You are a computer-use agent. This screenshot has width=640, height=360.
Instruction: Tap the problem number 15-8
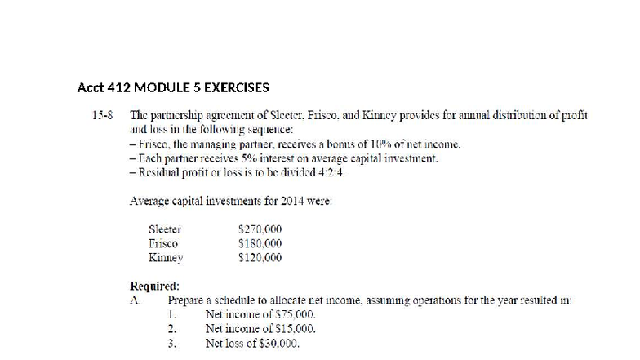click(104, 116)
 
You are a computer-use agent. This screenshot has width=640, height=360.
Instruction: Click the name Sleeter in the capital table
click(164, 230)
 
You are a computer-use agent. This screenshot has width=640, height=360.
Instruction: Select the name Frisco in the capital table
click(163, 243)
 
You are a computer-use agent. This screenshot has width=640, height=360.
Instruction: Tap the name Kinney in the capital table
click(166, 257)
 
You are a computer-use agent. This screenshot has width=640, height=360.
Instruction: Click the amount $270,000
click(260, 230)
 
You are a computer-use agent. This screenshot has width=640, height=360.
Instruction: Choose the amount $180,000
click(260, 243)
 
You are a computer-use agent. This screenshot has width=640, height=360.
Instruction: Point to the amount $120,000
click(260, 257)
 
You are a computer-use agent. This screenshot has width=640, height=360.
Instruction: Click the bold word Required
click(154, 286)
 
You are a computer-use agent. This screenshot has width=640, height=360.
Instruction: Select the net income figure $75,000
click(295, 314)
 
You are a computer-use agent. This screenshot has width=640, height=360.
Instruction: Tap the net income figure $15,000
click(295, 329)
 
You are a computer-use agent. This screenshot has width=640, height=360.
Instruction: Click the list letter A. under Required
click(136, 300)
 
